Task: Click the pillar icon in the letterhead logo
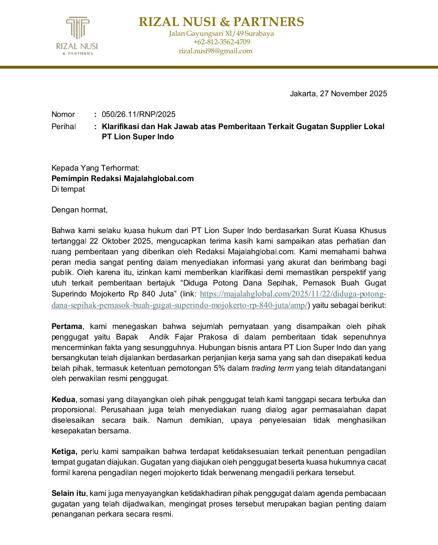point(77,28)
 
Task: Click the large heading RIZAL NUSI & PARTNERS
point(221,22)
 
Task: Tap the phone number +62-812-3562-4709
point(221,42)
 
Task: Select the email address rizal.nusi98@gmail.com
point(215,51)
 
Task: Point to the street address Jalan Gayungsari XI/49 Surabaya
point(221,33)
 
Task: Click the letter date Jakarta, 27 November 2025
point(338,94)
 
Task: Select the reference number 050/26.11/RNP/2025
point(138,115)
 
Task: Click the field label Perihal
point(64,127)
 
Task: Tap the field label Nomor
point(63,115)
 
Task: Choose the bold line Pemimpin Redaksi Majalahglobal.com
point(122,179)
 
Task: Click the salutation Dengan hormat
point(79,210)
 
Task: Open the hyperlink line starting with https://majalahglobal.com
point(293,294)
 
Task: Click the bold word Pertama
point(67,327)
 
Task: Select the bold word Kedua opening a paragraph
point(63,400)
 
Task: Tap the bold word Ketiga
point(64,452)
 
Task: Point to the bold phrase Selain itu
point(68,493)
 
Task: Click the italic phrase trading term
point(272,368)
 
